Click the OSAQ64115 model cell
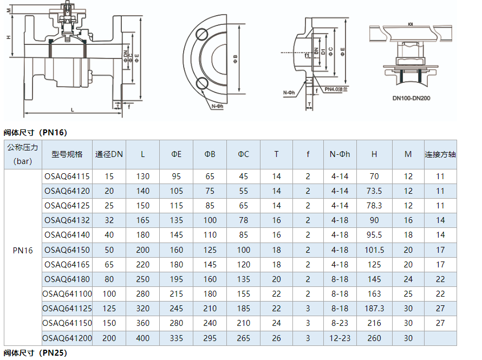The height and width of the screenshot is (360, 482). coord(67,176)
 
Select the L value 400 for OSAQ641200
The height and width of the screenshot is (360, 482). coord(143,338)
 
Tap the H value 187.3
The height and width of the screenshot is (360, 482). coord(374,309)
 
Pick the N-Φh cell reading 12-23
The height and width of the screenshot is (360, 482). coord(340,338)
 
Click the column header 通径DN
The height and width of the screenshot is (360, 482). coord(109,154)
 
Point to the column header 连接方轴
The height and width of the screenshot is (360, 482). coord(440,154)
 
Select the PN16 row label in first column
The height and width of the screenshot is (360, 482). coord(23,250)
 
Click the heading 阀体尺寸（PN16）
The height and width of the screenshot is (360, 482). coord(35,133)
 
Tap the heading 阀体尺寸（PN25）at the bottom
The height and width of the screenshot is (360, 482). coord(35,353)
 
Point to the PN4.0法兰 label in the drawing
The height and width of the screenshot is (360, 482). coord(336,89)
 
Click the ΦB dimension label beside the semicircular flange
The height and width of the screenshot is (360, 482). coord(235,57)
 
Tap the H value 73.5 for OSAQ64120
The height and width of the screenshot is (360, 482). coord(374,191)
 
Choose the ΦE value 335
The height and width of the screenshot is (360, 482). coord(177,338)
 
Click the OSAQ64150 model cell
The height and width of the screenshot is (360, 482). coord(67,250)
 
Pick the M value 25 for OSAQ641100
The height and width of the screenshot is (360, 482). coord(408,294)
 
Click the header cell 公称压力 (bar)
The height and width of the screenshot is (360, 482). coord(23,154)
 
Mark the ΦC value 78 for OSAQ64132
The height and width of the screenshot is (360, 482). coord(244,220)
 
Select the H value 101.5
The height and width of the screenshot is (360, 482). coord(374,250)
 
